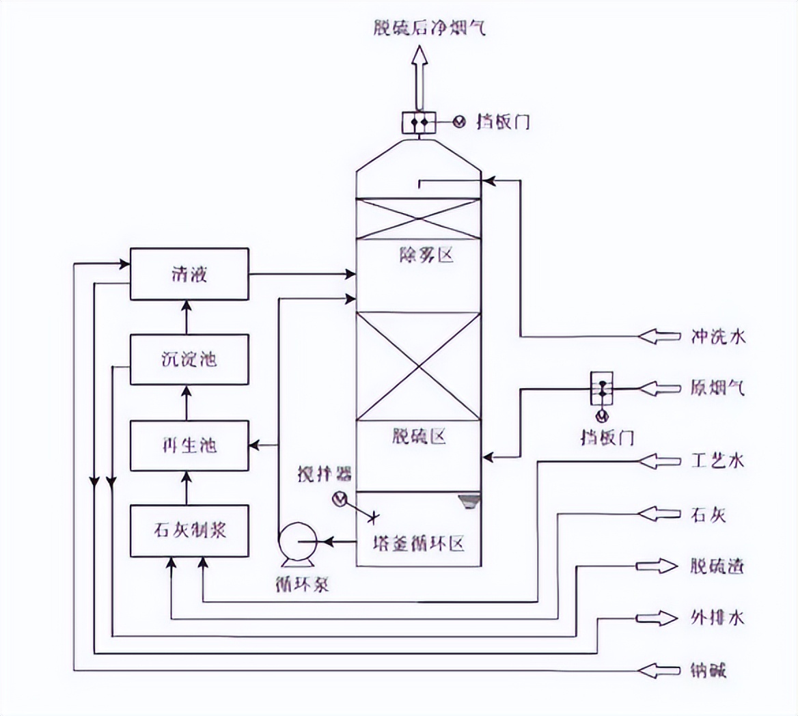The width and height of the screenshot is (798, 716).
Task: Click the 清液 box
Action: click(189, 274)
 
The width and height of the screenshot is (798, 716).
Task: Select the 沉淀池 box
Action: click(189, 359)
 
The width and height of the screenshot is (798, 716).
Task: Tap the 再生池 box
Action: click(189, 445)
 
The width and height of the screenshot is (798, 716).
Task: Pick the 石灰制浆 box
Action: click(189, 531)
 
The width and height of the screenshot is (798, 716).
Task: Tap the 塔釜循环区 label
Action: click(419, 544)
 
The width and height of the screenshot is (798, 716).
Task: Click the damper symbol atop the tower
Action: click(417, 122)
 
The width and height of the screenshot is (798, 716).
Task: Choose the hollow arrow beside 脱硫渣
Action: click(657, 566)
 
